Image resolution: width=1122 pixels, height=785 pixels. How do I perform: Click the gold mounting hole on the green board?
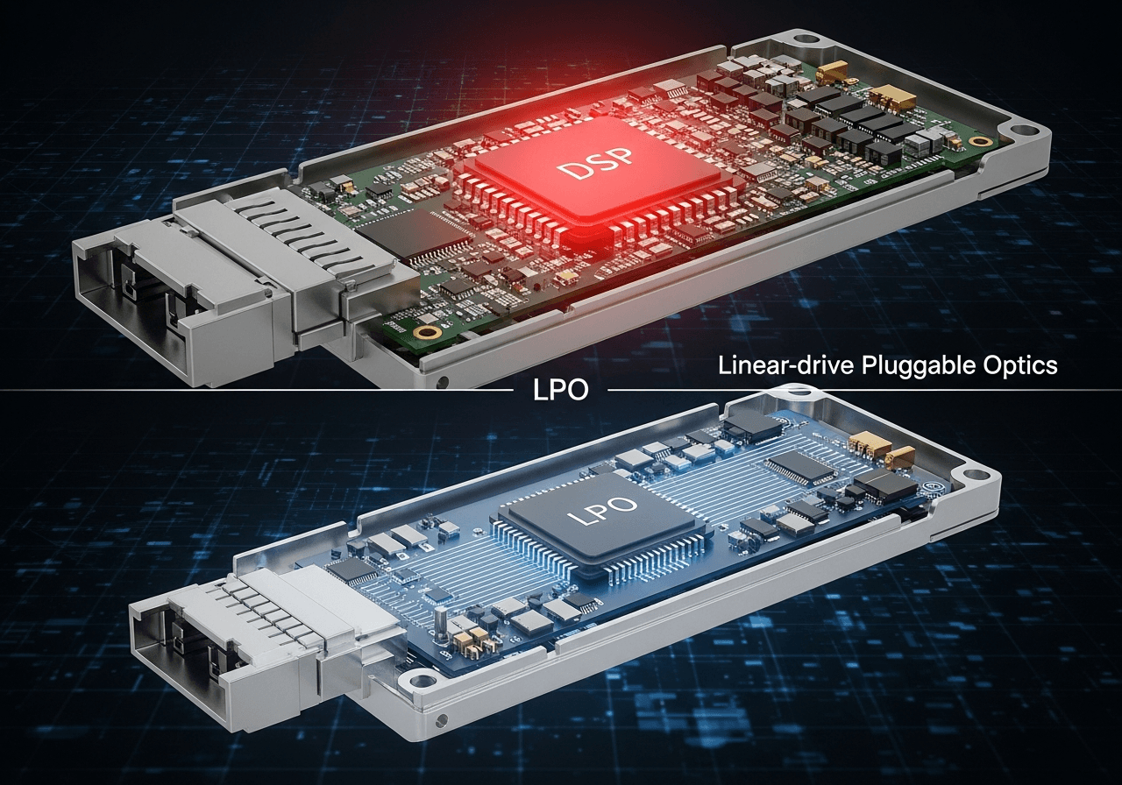(429, 333)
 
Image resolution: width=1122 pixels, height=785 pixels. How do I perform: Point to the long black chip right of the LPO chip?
(800, 468)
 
